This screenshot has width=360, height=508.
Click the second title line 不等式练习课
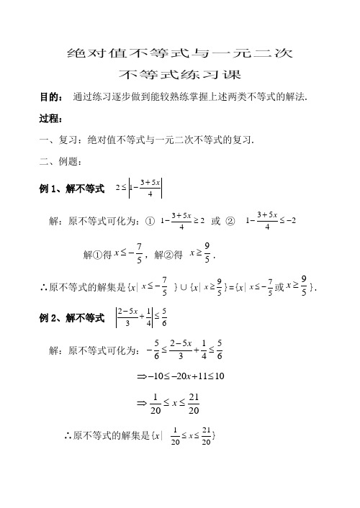(179, 74)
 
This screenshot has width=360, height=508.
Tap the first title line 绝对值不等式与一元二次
(179, 53)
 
